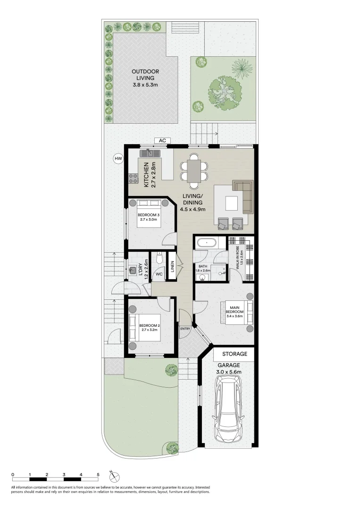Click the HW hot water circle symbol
(117, 159)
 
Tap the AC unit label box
(163, 140)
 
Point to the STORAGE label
(234, 354)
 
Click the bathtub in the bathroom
(206, 243)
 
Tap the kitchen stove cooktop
(133, 178)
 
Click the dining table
(194, 170)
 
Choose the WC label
(159, 273)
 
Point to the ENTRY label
(184, 328)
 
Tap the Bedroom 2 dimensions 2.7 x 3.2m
(149, 330)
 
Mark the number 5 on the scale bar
(98, 474)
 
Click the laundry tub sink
(134, 271)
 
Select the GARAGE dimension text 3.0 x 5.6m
(229, 372)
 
